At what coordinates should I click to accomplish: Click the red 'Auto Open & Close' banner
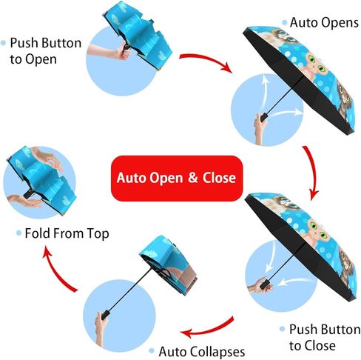(x=177, y=178)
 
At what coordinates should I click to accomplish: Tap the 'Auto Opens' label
(x=324, y=23)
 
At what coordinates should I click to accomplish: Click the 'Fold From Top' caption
(x=67, y=233)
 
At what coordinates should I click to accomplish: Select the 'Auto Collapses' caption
(x=202, y=351)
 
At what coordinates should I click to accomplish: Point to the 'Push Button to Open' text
(x=46, y=51)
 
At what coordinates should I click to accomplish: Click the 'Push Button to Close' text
(x=325, y=337)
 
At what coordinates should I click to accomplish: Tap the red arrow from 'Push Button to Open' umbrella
(x=207, y=61)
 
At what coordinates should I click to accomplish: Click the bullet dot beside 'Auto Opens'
(x=285, y=23)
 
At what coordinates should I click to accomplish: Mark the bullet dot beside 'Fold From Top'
(x=18, y=233)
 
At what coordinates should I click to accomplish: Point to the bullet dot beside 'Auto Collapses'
(x=152, y=350)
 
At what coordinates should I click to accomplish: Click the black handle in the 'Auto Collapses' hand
(x=106, y=314)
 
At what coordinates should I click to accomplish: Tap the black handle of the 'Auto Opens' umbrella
(x=264, y=117)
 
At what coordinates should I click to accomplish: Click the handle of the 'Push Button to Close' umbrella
(x=264, y=284)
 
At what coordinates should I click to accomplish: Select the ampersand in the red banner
(x=193, y=178)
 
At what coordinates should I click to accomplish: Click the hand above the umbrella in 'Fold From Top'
(x=47, y=158)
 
